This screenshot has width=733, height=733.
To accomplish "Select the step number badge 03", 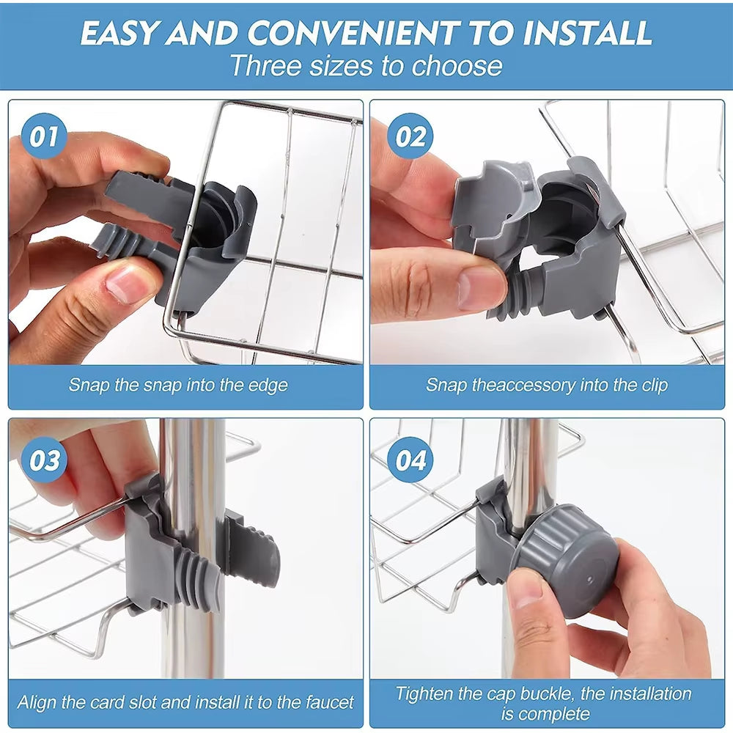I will click(45, 460).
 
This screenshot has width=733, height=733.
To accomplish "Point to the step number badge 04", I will click(410, 460).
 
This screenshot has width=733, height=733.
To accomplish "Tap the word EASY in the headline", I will click(117, 33).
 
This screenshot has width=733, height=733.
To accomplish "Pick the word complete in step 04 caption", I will click(557, 712).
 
